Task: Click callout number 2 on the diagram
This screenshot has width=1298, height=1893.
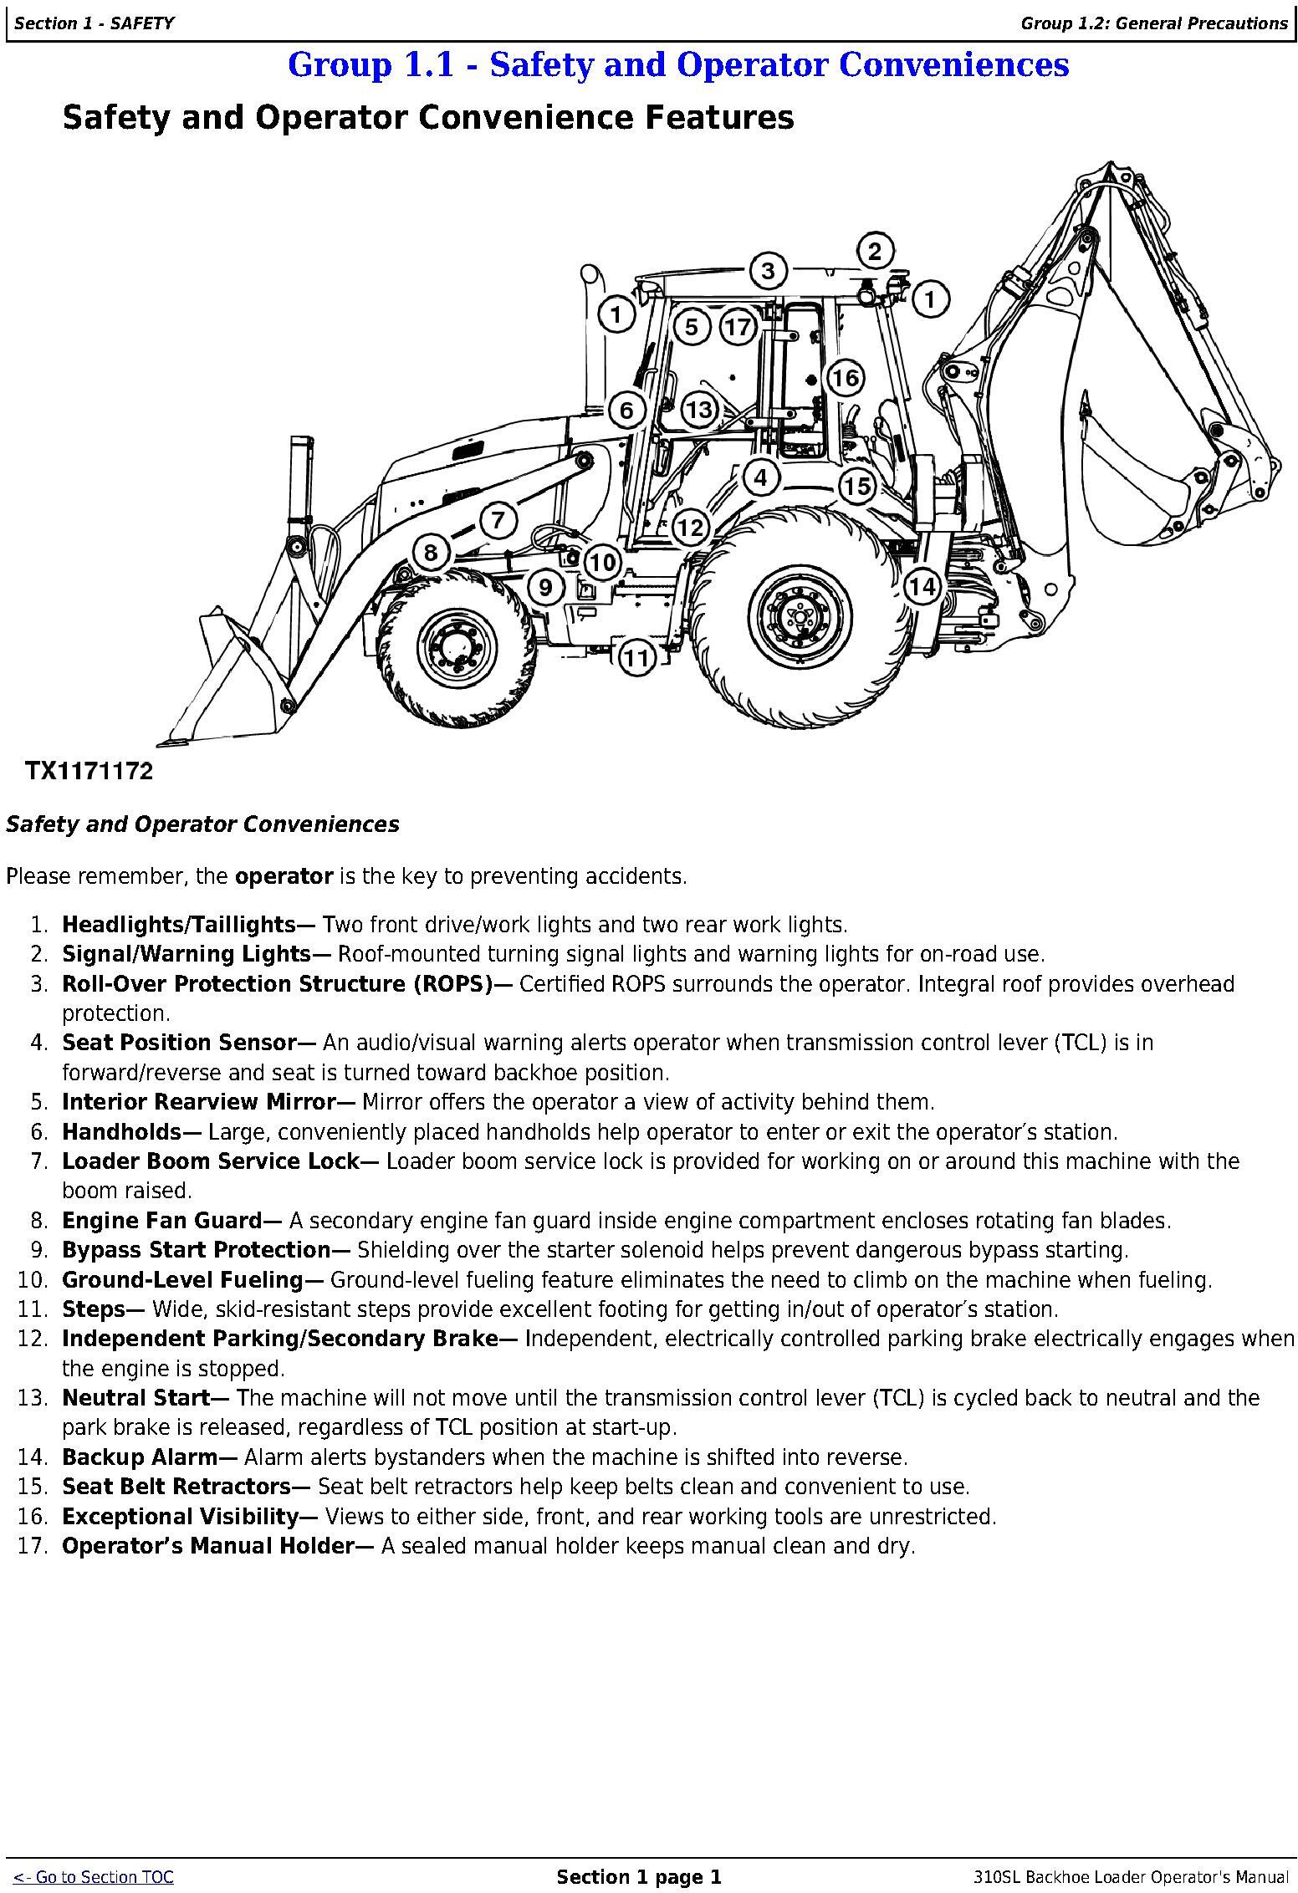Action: click(875, 251)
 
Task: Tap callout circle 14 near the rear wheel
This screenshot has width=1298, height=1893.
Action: click(922, 586)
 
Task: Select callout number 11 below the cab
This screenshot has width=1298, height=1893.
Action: click(636, 658)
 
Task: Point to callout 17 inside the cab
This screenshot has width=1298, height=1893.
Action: click(738, 326)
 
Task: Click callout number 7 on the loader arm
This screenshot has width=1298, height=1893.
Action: click(498, 520)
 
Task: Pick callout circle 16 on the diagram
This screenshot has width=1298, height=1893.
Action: click(845, 378)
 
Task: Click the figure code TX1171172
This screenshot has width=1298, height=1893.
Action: click(89, 771)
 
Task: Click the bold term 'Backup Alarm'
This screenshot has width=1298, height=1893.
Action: click(140, 1457)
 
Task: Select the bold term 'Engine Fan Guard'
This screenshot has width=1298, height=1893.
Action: click(162, 1221)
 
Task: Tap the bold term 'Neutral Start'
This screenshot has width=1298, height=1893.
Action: click(135, 1398)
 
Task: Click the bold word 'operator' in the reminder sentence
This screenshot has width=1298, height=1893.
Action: click(284, 876)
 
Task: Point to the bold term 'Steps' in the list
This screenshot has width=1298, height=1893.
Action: click(95, 1309)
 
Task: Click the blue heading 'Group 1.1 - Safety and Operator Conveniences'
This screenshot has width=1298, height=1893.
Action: click(678, 65)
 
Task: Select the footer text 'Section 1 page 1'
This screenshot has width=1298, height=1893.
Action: click(639, 1877)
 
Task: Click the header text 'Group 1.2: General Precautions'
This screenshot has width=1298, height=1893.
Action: click(1154, 23)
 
